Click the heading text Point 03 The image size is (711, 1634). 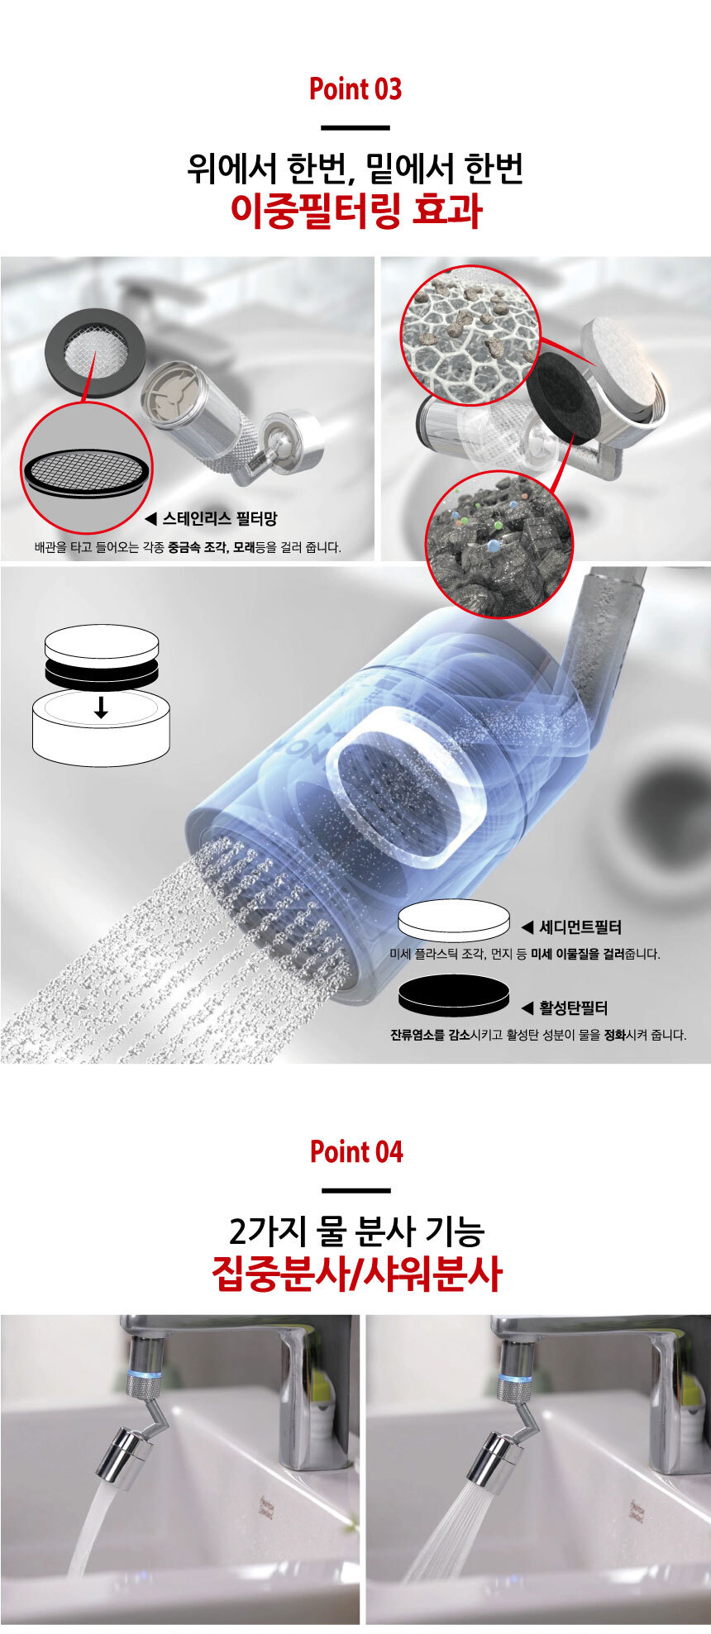click(x=355, y=89)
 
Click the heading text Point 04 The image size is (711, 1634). click(x=356, y=1151)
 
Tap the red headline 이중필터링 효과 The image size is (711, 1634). click(x=355, y=211)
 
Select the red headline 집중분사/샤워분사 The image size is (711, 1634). click(x=356, y=1273)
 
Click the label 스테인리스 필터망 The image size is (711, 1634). click(x=219, y=519)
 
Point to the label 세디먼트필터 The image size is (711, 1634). click(x=580, y=927)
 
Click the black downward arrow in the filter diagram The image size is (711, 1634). click(x=101, y=707)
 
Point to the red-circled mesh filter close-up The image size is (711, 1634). click(x=87, y=468)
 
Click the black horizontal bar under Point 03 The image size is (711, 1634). click(x=355, y=127)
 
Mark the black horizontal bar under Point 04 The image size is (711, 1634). click(x=356, y=1190)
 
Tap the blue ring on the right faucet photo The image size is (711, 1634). click(x=518, y=1378)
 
